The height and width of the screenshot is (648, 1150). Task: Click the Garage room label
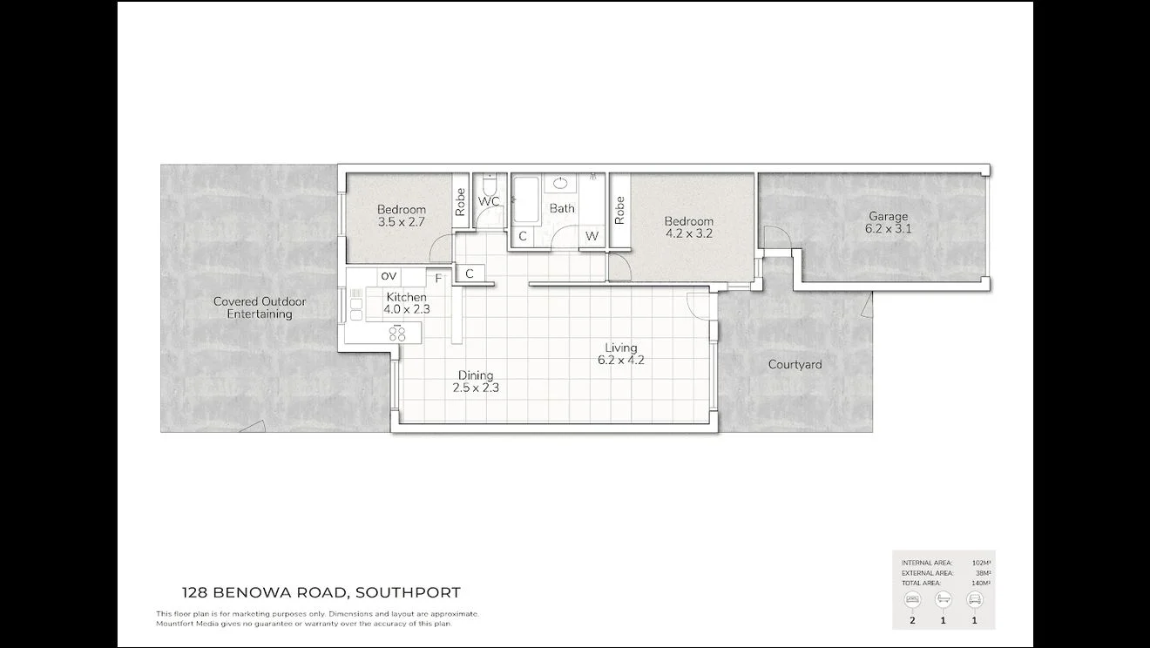888,217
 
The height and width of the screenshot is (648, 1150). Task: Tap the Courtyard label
795,364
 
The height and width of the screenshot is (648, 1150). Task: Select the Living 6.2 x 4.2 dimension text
621,360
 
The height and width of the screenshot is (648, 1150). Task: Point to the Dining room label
476,375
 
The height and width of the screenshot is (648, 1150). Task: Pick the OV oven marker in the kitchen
389,276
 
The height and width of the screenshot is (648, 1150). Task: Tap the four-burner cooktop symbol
397,333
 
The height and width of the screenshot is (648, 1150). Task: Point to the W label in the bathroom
592,236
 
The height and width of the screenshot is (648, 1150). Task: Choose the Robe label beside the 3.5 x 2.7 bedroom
460,202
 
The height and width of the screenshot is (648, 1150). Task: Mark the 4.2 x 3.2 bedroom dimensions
688,233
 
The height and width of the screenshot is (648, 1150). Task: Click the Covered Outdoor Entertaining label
260,307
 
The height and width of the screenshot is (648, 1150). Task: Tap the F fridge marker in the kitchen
438,279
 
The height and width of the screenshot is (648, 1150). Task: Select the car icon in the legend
974,599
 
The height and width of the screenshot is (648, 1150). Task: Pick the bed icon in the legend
913,599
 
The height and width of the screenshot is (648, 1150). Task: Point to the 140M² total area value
982,583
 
